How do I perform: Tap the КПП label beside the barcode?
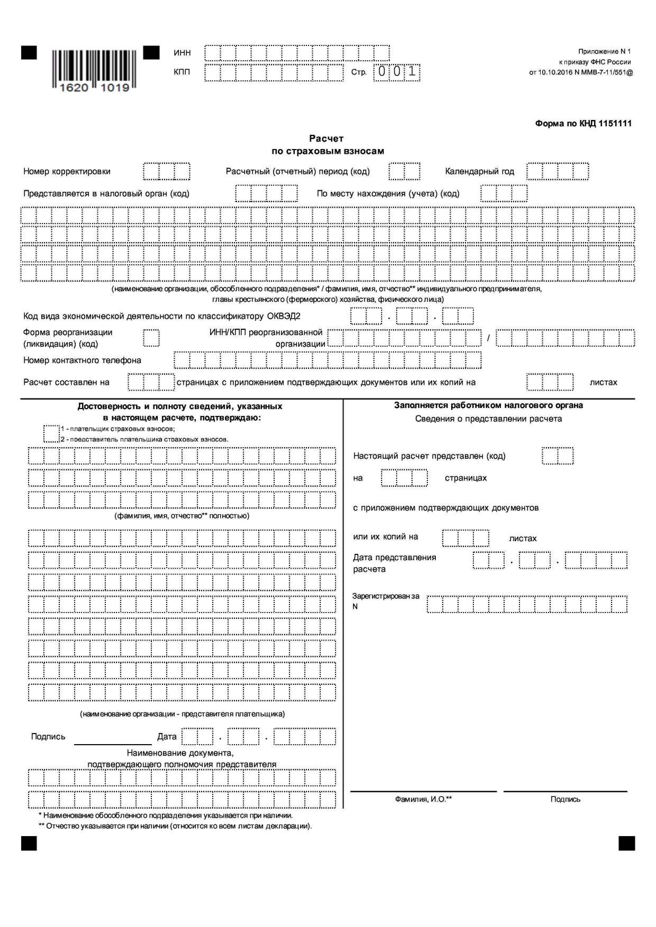[182, 72]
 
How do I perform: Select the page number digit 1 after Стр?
[412, 72]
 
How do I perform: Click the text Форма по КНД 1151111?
[583, 124]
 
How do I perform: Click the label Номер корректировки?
[67, 171]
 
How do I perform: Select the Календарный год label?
[479, 171]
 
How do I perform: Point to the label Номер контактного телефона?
[82, 360]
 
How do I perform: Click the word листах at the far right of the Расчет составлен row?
[603, 382]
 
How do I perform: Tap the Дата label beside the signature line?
[166, 736]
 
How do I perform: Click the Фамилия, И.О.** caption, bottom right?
[423, 799]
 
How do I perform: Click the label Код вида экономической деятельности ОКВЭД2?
[162, 316]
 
